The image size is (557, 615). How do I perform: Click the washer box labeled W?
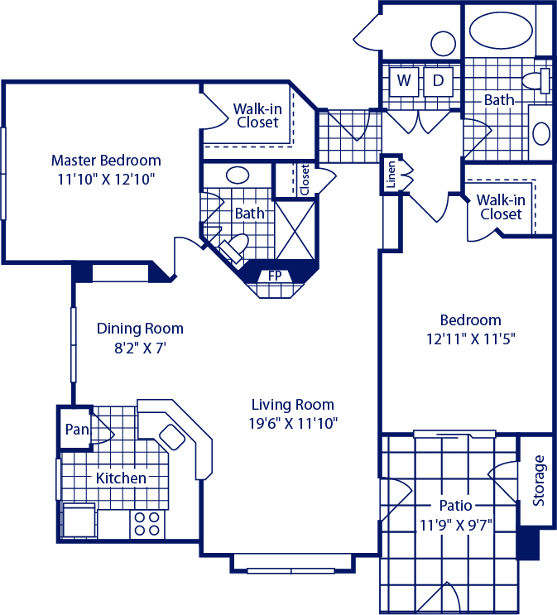404,82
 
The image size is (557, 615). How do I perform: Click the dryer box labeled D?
438,82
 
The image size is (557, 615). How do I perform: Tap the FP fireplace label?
275,276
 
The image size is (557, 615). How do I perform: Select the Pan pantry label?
77,429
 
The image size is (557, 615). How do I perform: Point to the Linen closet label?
391,175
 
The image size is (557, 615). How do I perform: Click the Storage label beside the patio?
539,480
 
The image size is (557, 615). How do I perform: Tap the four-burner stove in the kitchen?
147,524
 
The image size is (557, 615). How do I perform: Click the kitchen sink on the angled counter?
172,437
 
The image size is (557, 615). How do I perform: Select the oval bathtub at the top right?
501,31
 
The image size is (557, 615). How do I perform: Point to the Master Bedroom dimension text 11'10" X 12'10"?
106,180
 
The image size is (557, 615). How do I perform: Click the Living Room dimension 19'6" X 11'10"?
294,423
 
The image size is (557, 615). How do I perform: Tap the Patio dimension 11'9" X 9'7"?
456,525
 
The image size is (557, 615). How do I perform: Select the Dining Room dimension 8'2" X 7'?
141,348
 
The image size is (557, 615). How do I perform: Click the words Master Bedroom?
106,161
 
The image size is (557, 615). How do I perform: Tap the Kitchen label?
121,478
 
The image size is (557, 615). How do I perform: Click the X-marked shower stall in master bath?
295,230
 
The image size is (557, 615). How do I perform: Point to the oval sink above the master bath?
238,175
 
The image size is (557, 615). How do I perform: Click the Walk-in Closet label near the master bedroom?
257,116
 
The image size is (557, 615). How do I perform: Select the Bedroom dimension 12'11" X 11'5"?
471,339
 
